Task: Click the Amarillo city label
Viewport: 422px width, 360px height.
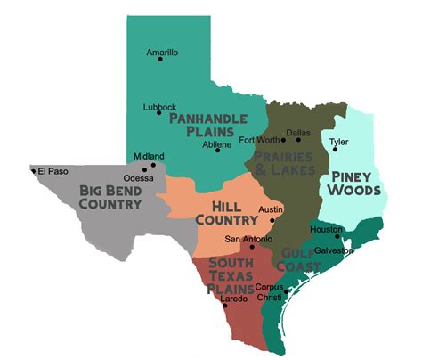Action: click(162, 53)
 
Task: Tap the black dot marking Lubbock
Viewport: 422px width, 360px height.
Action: click(159, 113)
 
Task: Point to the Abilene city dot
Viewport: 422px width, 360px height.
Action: click(218, 150)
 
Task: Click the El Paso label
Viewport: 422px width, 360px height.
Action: click(53, 170)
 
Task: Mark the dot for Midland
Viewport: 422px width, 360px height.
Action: click(154, 165)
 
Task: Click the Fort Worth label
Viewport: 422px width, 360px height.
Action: click(258, 140)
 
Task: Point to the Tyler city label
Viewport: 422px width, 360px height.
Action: click(338, 142)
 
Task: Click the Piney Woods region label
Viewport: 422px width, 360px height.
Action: click(353, 183)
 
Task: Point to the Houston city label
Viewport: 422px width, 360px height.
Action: click(325, 229)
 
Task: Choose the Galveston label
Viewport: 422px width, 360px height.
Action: click(334, 250)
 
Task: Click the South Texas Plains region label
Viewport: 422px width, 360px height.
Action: click(231, 275)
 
